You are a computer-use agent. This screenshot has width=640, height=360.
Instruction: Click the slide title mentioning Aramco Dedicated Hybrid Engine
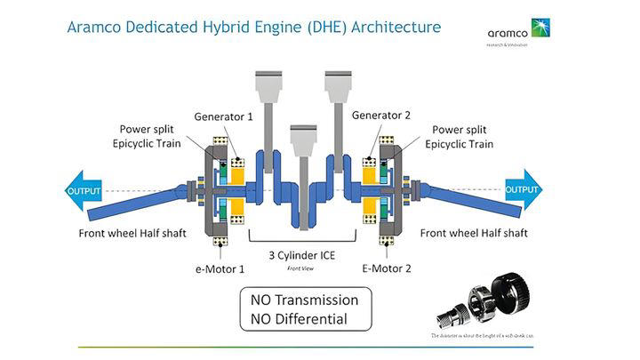pos(253,27)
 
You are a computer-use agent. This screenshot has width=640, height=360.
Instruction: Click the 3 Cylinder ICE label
pos(301,254)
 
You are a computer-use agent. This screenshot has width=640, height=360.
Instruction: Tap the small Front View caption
pos(301,267)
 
